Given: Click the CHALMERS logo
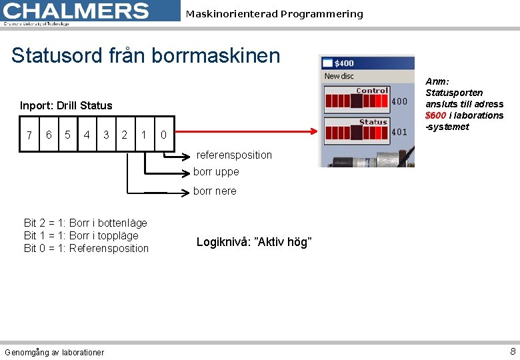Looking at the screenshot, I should (77, 11).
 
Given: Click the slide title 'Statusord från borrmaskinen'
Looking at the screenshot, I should (145, 55).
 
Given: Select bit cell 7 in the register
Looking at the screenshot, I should (29, 135).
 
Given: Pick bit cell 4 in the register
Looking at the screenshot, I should (87, 135).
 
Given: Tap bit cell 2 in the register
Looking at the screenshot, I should (125, 135).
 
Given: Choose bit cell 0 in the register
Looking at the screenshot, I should (163, 135).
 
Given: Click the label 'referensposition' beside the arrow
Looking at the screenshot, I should (234, 155).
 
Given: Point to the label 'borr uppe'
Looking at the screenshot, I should (216, 172).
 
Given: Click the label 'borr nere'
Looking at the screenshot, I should (215, 191).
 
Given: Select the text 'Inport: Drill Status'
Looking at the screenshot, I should (66, 105).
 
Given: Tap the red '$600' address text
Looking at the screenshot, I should (435, 115).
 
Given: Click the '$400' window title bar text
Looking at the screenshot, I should (344, 63).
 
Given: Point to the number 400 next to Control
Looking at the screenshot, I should (399, 102).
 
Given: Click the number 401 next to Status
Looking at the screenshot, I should (399, 132).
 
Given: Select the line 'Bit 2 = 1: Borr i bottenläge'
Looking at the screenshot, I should (85, 223).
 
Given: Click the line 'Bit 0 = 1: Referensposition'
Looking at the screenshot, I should (86, 248).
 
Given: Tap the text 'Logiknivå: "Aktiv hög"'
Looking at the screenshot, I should (254, 242).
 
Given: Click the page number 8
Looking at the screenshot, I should (512, 351).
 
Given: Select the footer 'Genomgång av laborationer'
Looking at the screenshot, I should (54, 352).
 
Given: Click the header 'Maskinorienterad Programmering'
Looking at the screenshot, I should (274, 14).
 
